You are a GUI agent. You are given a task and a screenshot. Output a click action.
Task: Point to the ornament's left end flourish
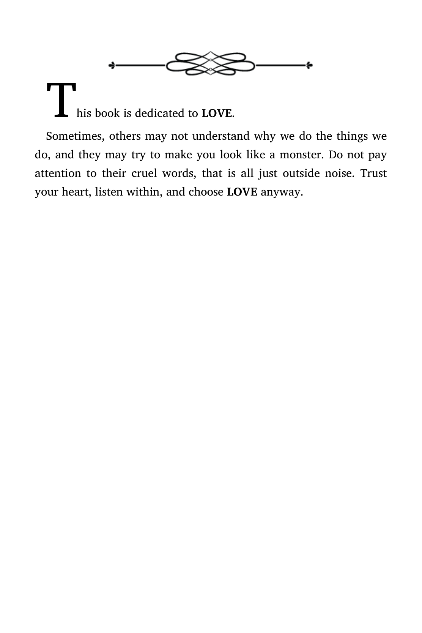[x=112, y=65]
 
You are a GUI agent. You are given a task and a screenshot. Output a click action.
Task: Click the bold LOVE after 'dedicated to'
[x=217, y=113]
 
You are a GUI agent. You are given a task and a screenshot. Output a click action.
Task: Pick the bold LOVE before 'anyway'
[x=242, y=192]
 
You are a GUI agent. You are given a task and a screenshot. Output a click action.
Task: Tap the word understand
[x=221, y=136]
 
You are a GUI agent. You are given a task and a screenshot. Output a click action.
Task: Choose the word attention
[x=58, y=173]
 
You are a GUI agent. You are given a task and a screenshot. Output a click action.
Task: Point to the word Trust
[x=373, y=173]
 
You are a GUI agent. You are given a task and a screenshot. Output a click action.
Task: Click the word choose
[x=206, y=192]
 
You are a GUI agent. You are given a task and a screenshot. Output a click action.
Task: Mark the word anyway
[x=282, y=193]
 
